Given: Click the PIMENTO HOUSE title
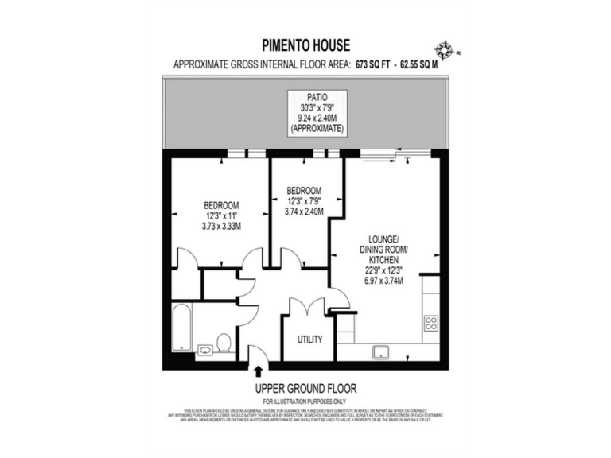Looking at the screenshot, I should click(305, 45).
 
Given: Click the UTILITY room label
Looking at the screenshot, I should click(309, 340).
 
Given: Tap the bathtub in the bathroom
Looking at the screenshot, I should click(182, 328).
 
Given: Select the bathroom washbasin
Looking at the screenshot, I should click(203, 347).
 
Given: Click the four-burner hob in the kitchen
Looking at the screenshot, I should click(432, 323).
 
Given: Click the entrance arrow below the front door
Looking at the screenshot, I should click(259, 369).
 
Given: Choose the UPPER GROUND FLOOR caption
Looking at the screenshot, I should click(305, 388).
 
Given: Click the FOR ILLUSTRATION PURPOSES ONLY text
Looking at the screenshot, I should click(305, 402).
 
